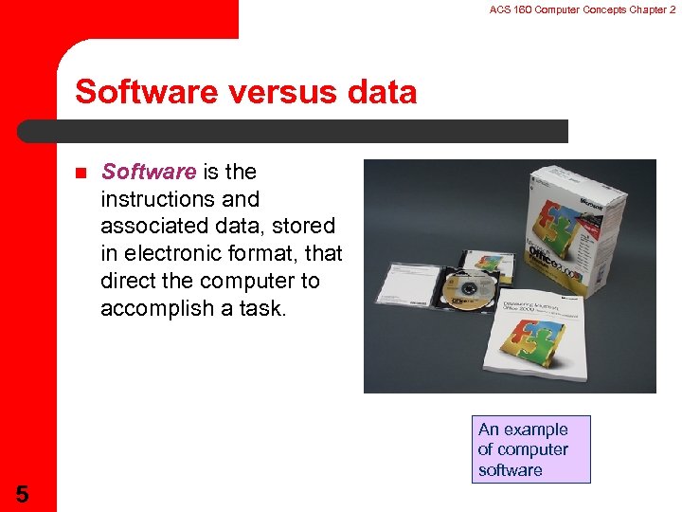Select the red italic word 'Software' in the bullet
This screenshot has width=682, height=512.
click(148, 172)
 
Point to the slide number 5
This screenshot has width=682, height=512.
click(21, 493)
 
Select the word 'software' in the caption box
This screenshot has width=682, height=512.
click(511, 470)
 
